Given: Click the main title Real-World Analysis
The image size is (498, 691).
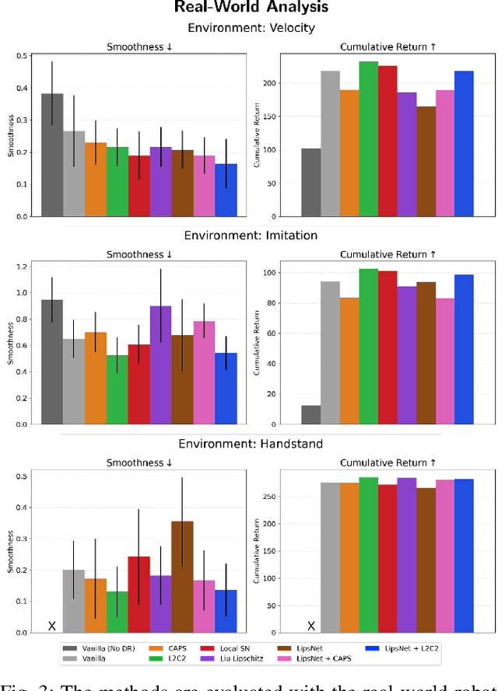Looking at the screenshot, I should click(248, 9).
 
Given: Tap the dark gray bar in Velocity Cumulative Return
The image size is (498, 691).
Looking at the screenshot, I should click(310, 182).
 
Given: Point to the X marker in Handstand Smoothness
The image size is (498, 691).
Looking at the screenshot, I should click(52, 626).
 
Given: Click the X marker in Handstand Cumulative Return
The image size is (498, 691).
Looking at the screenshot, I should click(310, 626).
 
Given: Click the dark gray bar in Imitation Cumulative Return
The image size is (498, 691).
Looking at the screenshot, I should click(310, 415).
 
